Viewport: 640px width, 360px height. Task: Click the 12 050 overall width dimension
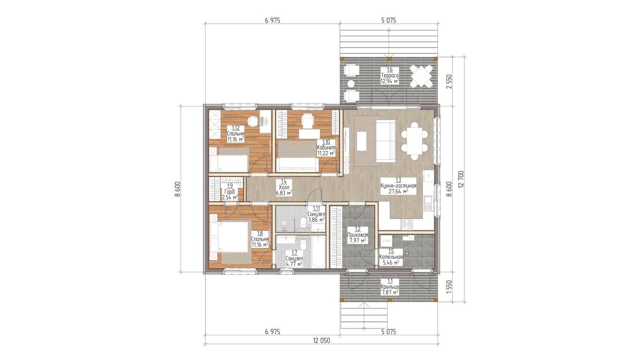tap(321, 340)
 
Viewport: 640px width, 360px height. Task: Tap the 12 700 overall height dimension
tap(460, 179)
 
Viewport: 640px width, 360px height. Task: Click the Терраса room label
tap(390, 75)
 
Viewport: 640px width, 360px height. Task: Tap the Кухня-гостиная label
tap(398, 186)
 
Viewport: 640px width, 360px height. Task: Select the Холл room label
tap(284, 187)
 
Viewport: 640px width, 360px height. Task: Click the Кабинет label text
tap(326, 147)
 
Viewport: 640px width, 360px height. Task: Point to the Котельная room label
tap(391, 257)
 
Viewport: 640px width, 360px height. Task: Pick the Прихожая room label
tap(358, 235)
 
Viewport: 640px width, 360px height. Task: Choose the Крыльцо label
tap(390, 287)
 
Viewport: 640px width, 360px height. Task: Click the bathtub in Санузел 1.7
tap(318, 252)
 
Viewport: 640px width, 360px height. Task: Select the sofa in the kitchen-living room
tap(385, 141)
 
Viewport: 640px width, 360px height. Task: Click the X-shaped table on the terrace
tap(421, 76)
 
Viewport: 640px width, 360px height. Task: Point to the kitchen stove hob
tap(407, 224)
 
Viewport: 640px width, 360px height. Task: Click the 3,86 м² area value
tap(316, 220)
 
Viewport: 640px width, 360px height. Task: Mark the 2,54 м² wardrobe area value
tap(230, 197)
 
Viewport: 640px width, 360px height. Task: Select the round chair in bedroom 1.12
tap(53, 121)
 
